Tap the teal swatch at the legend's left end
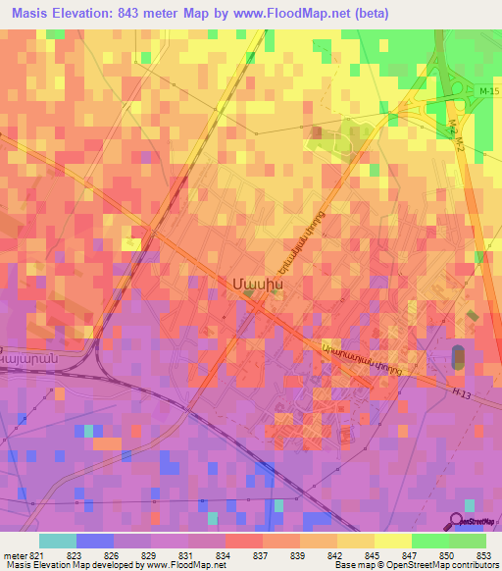click(57, 540)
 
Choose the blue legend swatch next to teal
click(94, 540)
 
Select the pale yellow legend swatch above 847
click(392, 540)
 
